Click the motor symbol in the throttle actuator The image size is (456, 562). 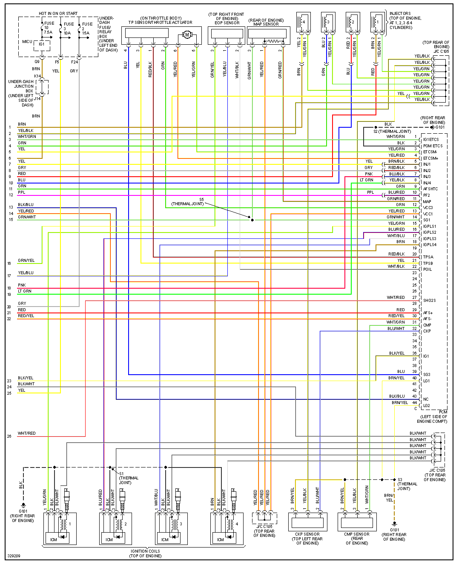(186, 34)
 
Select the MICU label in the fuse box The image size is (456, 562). (27, 42)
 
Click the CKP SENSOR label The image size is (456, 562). (307, 534)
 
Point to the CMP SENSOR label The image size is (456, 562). (357, 534)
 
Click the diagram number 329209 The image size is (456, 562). (14, 556)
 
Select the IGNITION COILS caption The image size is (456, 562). (145, 551)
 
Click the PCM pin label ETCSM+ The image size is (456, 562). (430, 158)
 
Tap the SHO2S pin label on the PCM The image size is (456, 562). (429, 301)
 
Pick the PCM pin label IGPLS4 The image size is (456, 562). (430, 245)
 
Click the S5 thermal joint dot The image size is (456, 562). (252, 220)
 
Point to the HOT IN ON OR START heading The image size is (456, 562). (58, 14)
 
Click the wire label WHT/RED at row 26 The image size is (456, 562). (26, 433)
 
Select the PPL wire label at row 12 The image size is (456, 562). (21, 192)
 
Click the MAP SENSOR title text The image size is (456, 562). (266, 24)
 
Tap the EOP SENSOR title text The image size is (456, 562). (227, 23)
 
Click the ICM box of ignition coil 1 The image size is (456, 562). (54, 539)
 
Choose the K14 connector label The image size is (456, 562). (37, 76)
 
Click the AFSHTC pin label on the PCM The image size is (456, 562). (430, 189)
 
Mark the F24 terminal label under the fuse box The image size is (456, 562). (75, 62)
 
